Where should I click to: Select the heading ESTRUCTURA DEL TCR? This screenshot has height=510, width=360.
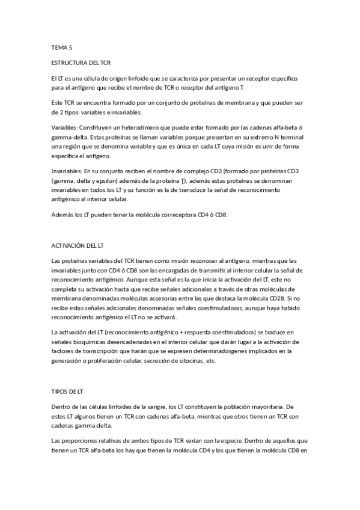pos(81,62)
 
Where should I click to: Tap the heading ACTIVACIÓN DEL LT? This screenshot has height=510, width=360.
pos(78,245)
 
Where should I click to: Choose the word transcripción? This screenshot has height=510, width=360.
pos(102,352)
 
